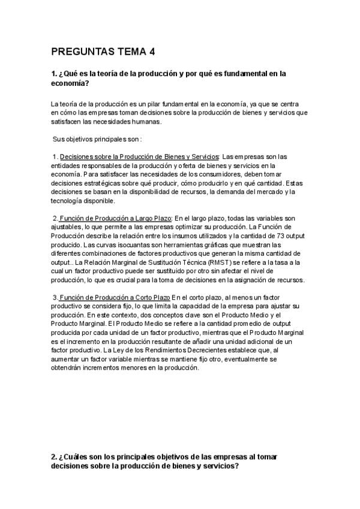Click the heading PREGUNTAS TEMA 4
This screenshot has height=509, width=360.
pos(103,52)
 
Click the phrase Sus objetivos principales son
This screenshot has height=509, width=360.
pos(96,139)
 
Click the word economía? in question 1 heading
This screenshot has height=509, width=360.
pos(70,83)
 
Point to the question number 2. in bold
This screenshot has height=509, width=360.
pos(54,457)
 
